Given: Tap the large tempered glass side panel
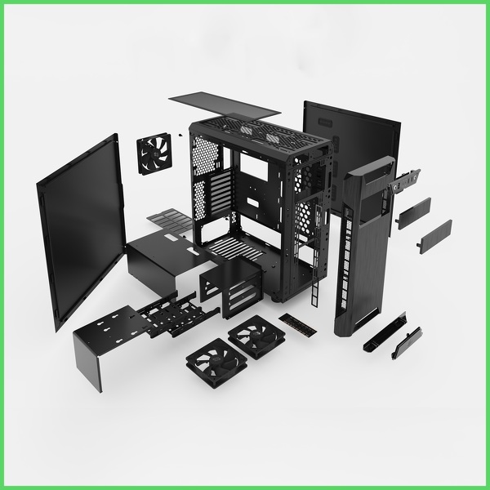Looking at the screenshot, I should click(79, 229).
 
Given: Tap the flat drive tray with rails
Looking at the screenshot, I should click(167, 310).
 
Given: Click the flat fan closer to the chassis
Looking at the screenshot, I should click(256, 335).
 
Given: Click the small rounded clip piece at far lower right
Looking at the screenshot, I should click(406, 343).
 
